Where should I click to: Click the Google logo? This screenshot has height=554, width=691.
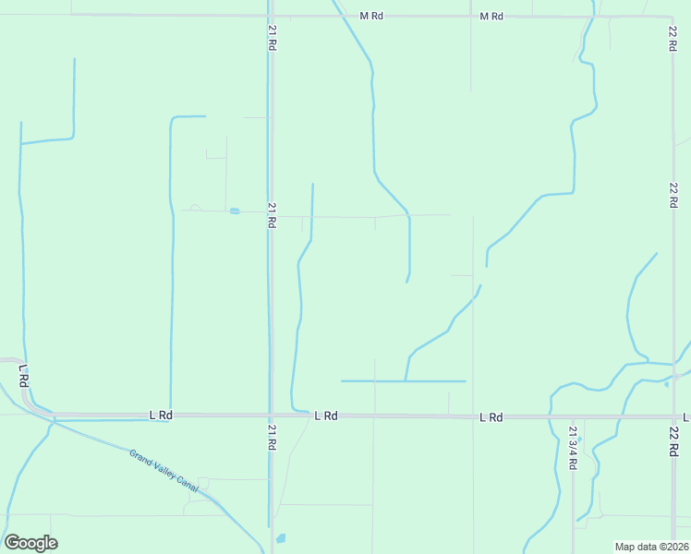(x=30, y=543)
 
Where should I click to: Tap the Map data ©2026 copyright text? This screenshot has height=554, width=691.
(x=651, y=546)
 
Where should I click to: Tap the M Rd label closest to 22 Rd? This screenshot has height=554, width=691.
(x=491, y=17)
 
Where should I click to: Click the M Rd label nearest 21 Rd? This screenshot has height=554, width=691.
(x=371, y=17)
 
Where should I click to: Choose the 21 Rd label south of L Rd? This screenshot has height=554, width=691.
(x=272, y=437)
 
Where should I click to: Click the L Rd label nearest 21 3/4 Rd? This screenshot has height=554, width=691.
(x=491, y=417)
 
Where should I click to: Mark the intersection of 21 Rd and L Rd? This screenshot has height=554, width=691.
(x=271, y=415)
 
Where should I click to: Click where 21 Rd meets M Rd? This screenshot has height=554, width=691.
(x=270, y=16)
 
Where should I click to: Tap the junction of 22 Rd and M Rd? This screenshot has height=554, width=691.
(x=672, y=17)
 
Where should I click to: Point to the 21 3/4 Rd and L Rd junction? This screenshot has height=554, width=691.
(x=573, y=417)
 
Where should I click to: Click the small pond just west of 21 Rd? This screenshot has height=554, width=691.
(x=235, y=211)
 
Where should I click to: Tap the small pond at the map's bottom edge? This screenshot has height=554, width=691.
(x=281, y=537)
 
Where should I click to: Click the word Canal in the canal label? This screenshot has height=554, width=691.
(x=203, y=489)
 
